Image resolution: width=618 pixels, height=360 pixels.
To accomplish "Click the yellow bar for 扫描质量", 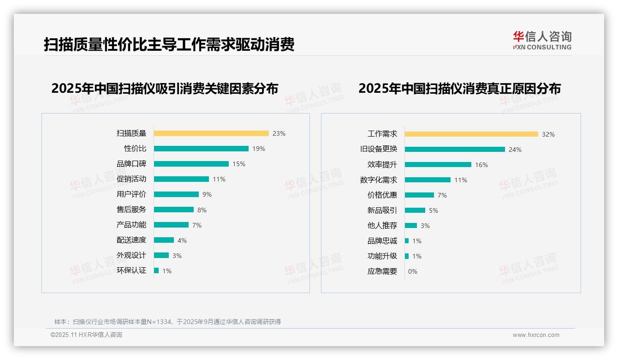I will [x=211, y=133].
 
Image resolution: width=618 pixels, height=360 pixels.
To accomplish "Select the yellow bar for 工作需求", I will [x=471, y=134].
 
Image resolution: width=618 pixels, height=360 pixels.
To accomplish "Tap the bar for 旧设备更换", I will [x=455, y=150].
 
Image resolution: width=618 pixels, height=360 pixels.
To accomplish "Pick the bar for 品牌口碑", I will [x=191, y=164].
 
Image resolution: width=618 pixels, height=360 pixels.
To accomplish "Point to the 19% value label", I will [x=259, y=149].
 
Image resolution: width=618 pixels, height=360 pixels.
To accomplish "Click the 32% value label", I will [x=548, y=134].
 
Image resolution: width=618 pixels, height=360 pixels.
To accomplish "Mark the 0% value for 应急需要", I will [x=413, y=271].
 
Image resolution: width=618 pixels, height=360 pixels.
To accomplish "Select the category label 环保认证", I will [x=131, y=270].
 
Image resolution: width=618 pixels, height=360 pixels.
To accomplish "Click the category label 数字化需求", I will [x=378, y=180].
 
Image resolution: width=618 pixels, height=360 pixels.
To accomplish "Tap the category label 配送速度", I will [x=131, y=240].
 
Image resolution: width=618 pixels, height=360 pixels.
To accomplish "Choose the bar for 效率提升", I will [x=438, y=165].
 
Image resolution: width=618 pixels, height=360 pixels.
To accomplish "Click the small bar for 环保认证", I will [x=156, y=270].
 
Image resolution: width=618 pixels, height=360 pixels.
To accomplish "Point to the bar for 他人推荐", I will [x=411, y=226].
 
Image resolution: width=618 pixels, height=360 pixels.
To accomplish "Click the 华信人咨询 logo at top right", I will [x=542, y=40].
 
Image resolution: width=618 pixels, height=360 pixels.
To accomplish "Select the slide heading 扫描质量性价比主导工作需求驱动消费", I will [x=169, y=45].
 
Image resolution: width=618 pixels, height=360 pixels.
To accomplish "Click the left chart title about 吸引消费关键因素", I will [x=165, y=89].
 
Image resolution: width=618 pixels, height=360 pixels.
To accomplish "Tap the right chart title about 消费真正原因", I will [x=459, y=89].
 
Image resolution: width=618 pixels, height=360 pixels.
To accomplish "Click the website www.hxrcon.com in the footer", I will [x=536, y=335].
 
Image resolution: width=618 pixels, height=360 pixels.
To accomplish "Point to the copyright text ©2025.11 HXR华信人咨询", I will [x=86, y=335].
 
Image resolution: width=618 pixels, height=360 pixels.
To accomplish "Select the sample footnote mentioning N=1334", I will [x=167, y=322].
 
